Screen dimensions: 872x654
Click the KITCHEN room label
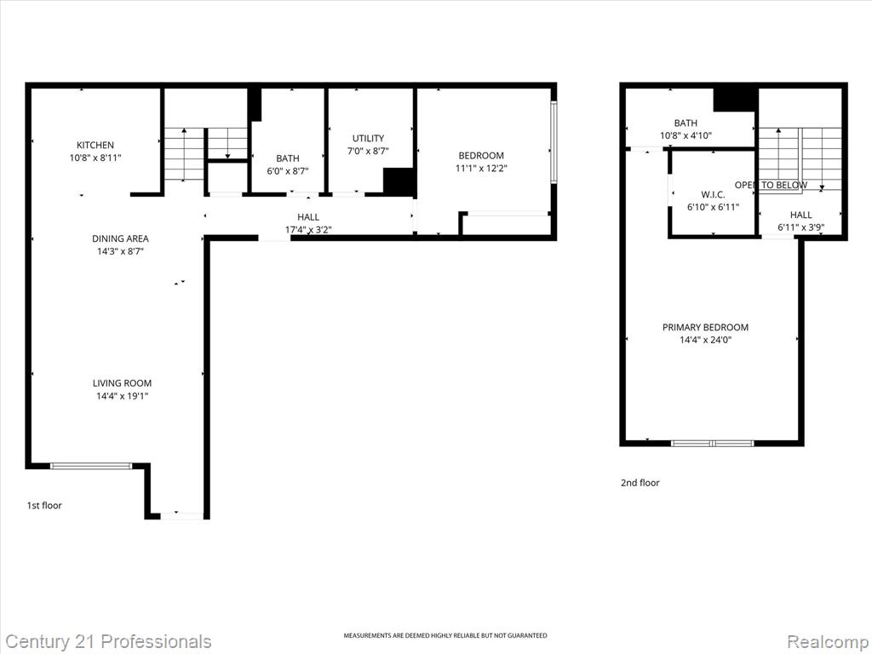[x=95, y=145]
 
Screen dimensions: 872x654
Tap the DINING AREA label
[x=120, y=238]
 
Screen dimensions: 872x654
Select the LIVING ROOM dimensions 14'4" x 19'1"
[x=122, y=397]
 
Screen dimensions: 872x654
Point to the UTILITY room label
[x=368, y=138]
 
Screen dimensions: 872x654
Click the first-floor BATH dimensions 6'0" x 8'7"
[x=288, y=171]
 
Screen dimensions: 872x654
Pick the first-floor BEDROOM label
[x=481, y=156]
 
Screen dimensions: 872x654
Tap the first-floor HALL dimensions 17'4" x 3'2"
[x=308, y=230]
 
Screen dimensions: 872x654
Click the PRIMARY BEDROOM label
[x=705, y=327]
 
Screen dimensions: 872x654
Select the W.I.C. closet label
[x=713, y=195]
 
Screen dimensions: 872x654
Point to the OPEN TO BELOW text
[x=771, y=185]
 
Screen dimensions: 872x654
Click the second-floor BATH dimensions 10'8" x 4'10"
[x=686, y=135]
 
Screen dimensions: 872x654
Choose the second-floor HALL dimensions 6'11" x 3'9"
[x=800, y=227]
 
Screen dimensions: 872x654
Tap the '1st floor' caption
[x=44, y=506]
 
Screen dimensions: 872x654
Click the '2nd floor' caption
[x=640, y=483]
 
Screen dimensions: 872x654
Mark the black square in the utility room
[x=399, y=182]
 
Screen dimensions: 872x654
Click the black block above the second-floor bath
[x=736, y=99]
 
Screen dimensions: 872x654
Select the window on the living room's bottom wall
[x=91, y=466]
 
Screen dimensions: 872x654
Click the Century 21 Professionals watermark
[x=108, y=642]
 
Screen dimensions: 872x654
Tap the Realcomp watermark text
[x=828, y=642]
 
